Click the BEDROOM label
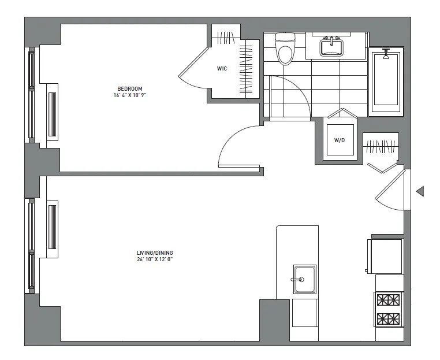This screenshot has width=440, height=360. click(129, 88)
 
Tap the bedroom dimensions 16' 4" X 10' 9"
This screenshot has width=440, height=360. click(129, 95)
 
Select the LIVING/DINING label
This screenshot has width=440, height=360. click(155, 253)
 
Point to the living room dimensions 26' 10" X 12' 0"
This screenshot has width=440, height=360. click(155, 259)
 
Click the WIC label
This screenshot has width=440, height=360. click(222, 69)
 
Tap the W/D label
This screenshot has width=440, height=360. click(339, 140)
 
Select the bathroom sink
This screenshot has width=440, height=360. click(331, 46)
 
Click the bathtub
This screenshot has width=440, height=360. click(385, 81)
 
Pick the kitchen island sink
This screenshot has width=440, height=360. click(304, 279)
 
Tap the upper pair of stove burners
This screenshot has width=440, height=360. click(388, 300)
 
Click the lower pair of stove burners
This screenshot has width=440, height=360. click(388, 318)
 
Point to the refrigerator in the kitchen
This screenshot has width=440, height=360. click(386, 255)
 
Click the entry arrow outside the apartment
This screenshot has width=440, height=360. click(420, 191)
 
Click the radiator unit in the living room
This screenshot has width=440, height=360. click(53, 230)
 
